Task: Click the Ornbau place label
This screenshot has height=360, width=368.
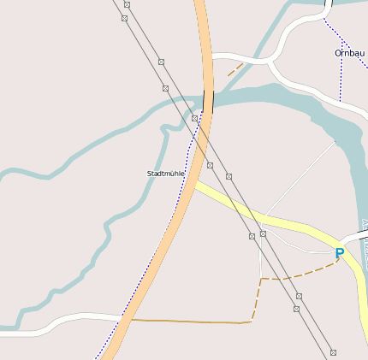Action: pos(349,53)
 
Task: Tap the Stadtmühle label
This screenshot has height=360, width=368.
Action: pos(165,174)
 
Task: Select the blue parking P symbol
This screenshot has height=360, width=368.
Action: pos(340,253)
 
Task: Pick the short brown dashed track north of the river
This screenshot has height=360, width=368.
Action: pos(234,69)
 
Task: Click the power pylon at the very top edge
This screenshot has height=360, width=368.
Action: pos(126,4)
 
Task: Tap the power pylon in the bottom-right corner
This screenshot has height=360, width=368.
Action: pos(333,352)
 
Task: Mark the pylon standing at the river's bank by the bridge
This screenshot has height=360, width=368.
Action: pos(195,118)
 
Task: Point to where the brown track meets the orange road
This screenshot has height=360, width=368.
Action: pos(132,320)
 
